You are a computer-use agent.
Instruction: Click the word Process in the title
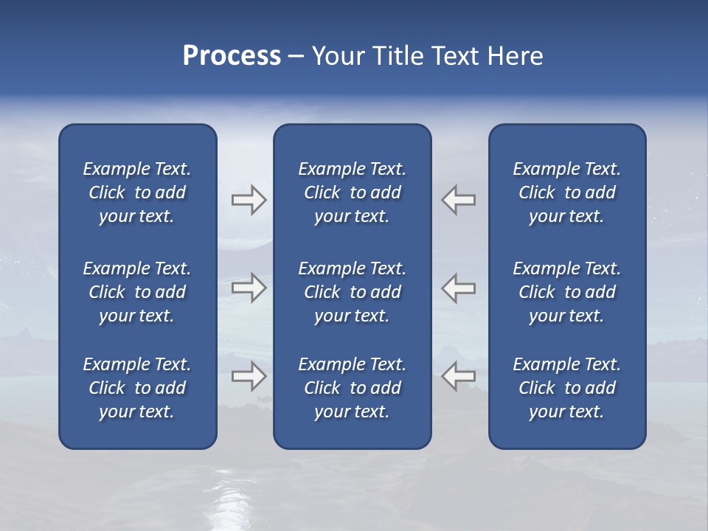click(232, 56)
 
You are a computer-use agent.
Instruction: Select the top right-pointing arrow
click(249, 200)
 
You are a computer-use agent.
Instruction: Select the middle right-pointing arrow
click(249, 288)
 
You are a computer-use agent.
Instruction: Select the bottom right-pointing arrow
click(249, 376)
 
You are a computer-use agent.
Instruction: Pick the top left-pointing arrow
click(459, 200)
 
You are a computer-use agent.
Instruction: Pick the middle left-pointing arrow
click(459, 288)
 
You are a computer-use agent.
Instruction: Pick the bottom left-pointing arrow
click(459, 376)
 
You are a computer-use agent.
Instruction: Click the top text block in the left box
click(137, 192)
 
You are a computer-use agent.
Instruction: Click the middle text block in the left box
click(137, 292)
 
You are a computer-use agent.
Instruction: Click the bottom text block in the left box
click(137, 388)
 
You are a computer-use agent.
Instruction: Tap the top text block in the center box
click(353, 192)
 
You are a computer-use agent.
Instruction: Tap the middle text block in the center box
click(353, 292)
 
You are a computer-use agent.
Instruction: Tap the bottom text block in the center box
click(353, 388)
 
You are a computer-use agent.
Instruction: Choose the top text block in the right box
click(567, 192)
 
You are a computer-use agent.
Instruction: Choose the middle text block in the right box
click(567, 292)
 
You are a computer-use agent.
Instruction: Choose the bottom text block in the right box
click(567, 388)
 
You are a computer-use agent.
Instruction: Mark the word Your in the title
click(336, 56)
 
